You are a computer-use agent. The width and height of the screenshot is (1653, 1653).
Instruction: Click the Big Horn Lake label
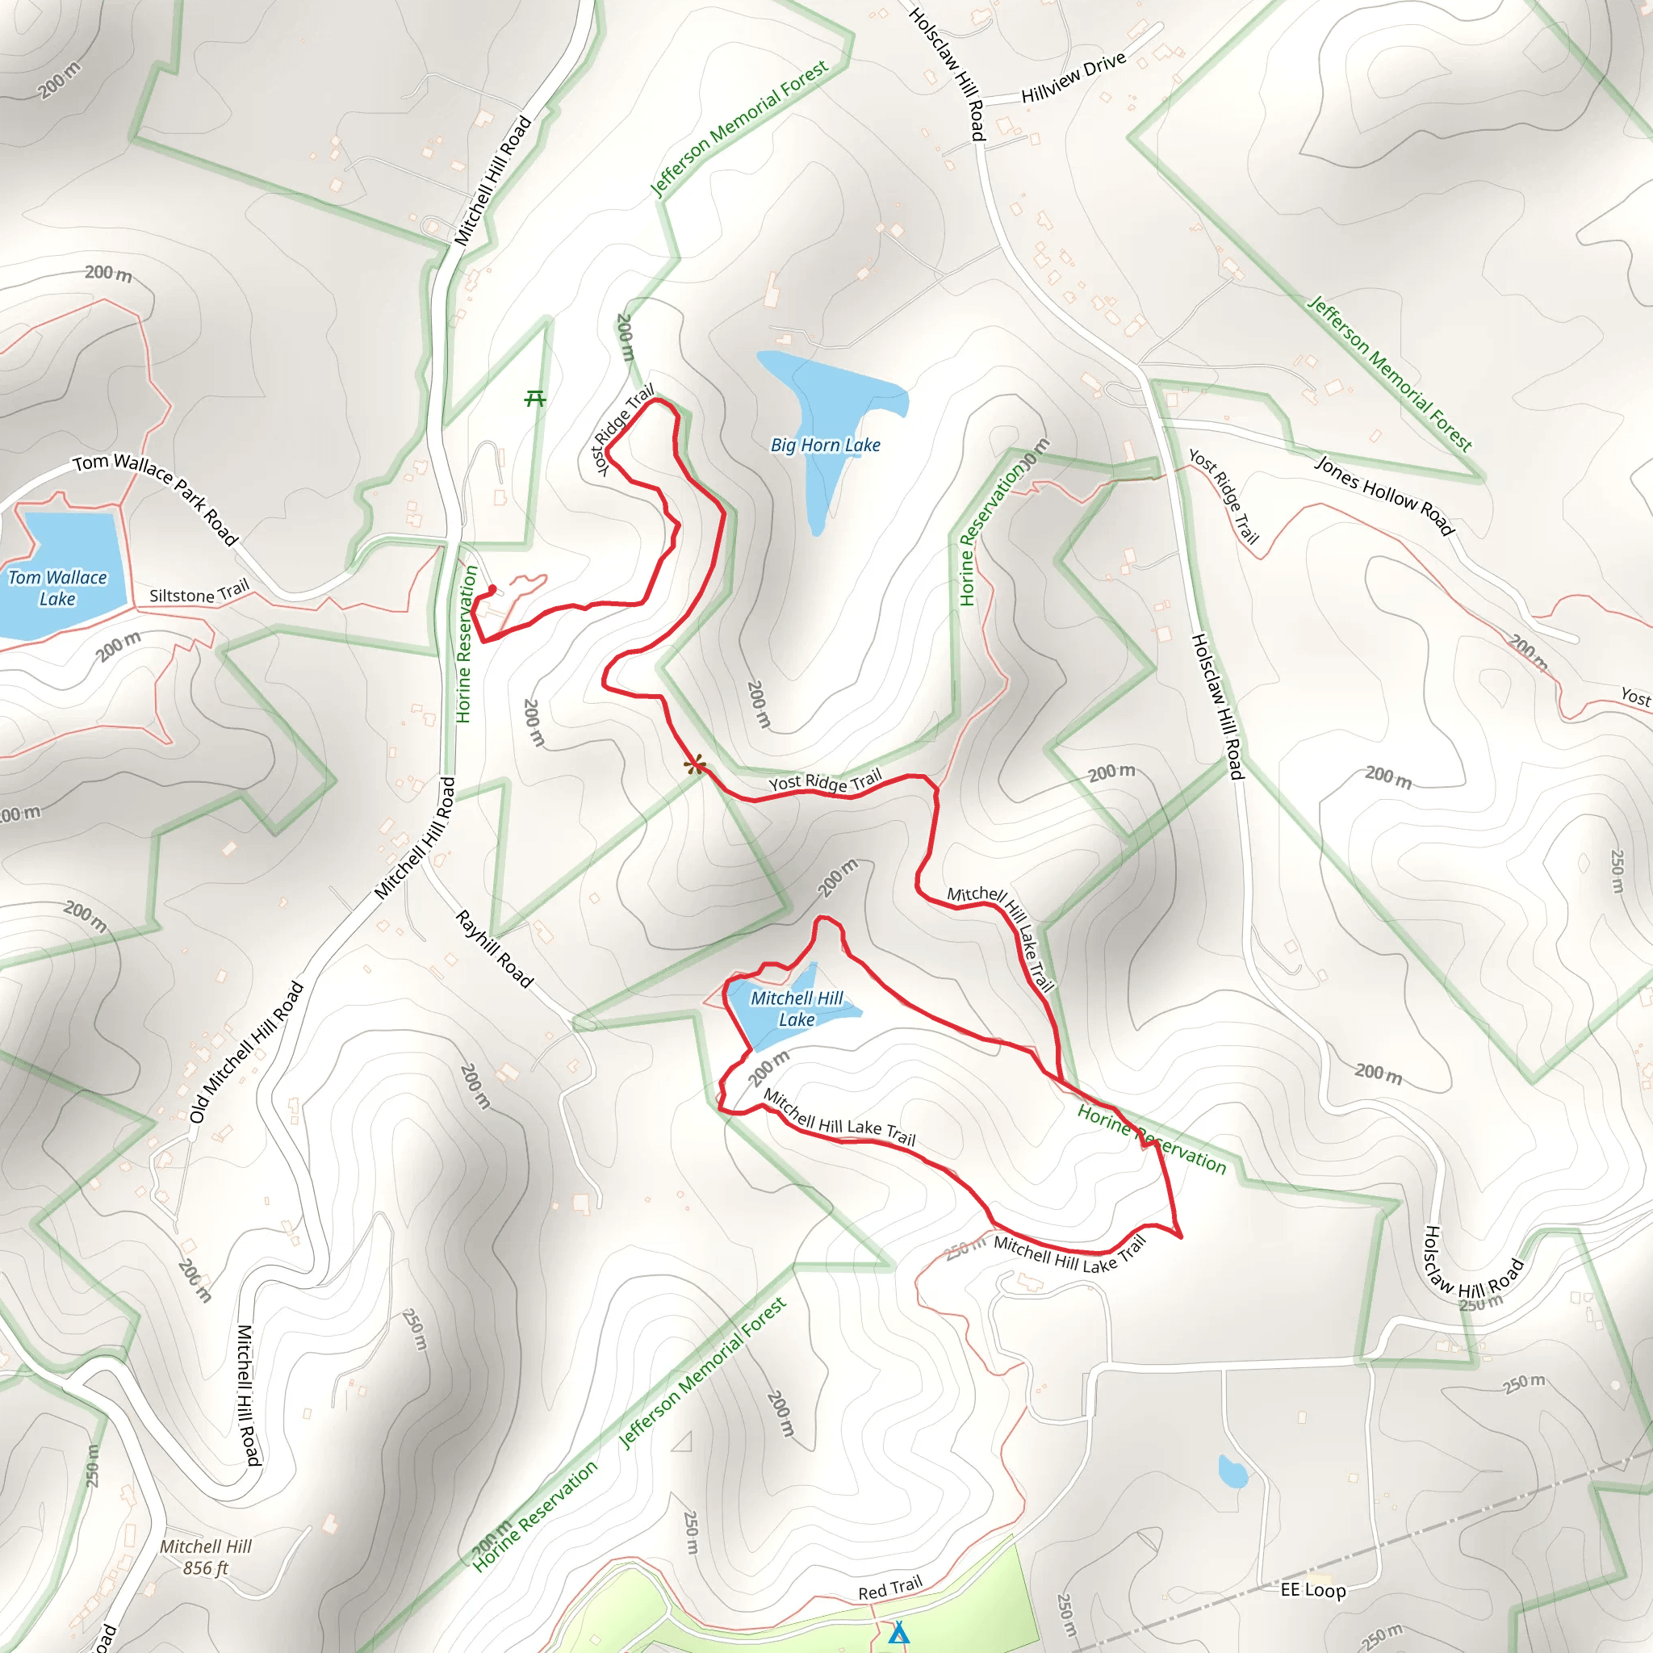coord(825,445)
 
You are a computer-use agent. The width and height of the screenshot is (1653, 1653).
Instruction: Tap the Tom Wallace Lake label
coord(57,588)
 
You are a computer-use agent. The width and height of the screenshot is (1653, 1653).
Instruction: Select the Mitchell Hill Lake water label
coord(796,1009)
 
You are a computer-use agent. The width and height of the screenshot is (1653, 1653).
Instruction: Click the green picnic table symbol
coord(536,398)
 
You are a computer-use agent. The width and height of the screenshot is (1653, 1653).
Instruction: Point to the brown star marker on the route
coord(696,765)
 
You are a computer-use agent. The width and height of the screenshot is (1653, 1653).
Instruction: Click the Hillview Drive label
coord(1073,77)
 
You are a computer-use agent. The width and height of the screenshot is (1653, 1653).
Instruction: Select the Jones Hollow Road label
coord(1383,496)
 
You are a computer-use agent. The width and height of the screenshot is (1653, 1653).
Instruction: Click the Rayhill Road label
coord(495,949)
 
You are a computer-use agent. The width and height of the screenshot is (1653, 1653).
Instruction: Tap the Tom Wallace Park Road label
coord(155,498)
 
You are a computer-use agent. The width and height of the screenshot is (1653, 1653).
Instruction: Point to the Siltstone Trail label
coord(199,592)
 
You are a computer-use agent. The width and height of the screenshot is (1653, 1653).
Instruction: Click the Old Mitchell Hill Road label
coord(246,1052)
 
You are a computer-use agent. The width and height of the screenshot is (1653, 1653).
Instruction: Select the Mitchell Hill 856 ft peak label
coord(205,1557)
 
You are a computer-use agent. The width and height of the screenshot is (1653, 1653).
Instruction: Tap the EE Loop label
coord(1312,1590)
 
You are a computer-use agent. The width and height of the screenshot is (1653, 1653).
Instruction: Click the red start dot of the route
coord(492,588)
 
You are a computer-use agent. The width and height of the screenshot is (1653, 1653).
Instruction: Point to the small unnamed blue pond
coord(1232,1471)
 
